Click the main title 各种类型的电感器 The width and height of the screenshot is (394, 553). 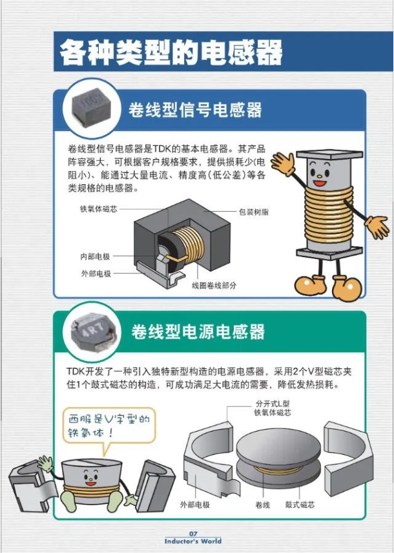(x=171, y=52)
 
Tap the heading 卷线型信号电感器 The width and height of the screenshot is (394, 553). (x=196, y=110)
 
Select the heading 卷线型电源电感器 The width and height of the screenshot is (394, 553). (x=198, y=331)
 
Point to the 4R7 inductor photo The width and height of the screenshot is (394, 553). (x=92, y=331)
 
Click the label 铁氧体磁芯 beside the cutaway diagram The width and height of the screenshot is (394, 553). (x=98, y=209)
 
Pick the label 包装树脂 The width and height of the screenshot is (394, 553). (x=254, y=212)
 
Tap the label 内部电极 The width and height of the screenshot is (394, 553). (x=95, y=256)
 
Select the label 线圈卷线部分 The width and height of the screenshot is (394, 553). (x=214, y=286)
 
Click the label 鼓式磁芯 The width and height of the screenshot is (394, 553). (x=300, y=505)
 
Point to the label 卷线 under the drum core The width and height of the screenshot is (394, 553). (x=262, y=505)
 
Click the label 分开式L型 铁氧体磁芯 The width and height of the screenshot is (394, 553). (x=273, y=408)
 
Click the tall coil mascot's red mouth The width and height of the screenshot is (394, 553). (x=320, y=183)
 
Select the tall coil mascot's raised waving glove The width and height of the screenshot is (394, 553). (x=283, y=163)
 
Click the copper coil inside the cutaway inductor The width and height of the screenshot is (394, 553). (x=188, y=244)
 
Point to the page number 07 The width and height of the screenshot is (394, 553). (x=193, y=534)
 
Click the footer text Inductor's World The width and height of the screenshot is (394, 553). (x=193, y=541)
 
